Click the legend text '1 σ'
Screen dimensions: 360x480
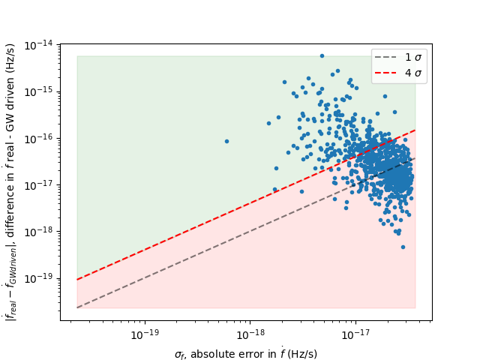coord(413,58)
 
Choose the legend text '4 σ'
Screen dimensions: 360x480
coord(413,73)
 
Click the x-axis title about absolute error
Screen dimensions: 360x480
coord(246,353)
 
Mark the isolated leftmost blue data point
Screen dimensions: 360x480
coord(226,141)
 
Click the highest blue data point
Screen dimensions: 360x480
coord(322,55)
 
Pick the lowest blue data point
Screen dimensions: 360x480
coord(403,247)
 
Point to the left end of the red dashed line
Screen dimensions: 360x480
coord(77,280)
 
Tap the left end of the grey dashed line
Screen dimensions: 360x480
coord(77,307)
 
